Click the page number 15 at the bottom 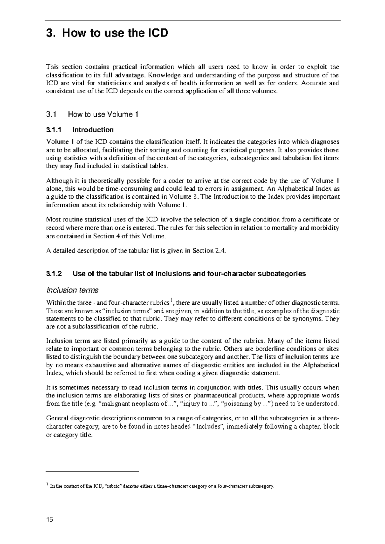[49, 519]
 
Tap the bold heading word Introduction [93, 130]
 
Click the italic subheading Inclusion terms [72, 290]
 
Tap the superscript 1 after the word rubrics [172, 301]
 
